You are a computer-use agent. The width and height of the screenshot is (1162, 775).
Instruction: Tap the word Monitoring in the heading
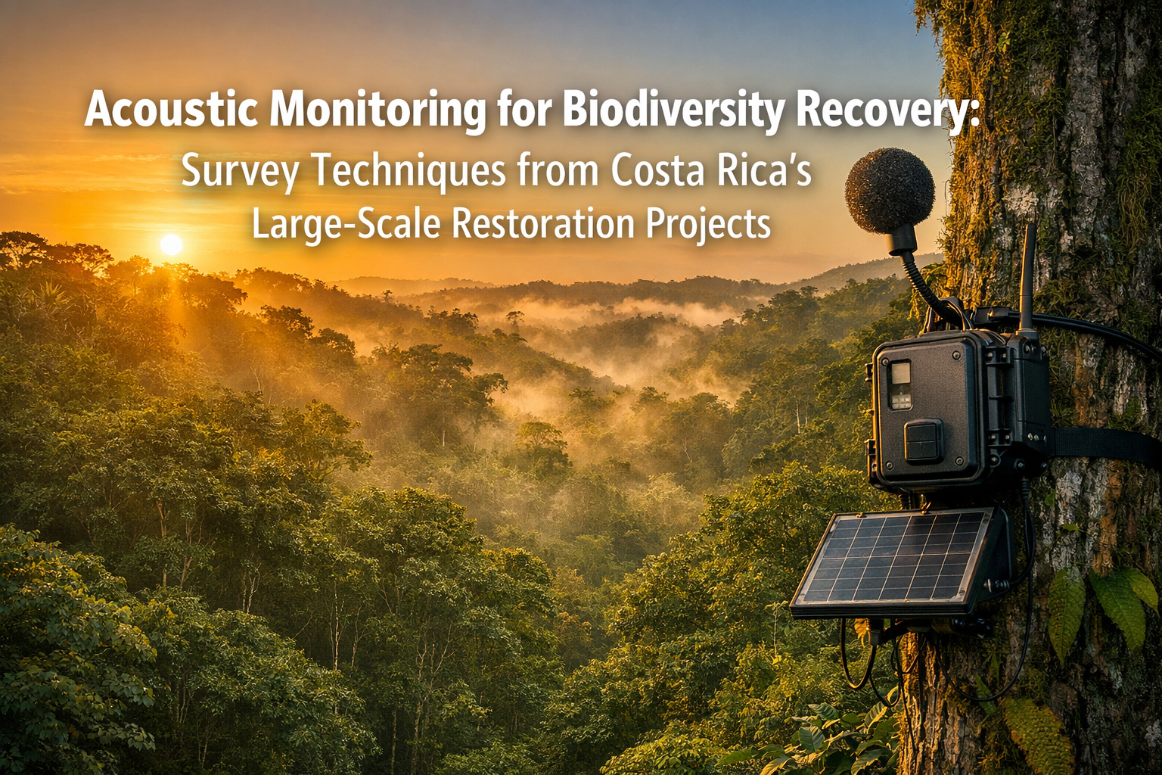pos(377,110)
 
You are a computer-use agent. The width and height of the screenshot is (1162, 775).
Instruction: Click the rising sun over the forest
pos(172,244)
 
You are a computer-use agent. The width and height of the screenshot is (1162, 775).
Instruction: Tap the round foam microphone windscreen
pos(890,191)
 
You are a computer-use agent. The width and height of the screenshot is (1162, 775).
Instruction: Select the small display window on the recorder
pos(899,384)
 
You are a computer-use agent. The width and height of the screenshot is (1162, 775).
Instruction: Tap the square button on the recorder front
pos(923,441)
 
